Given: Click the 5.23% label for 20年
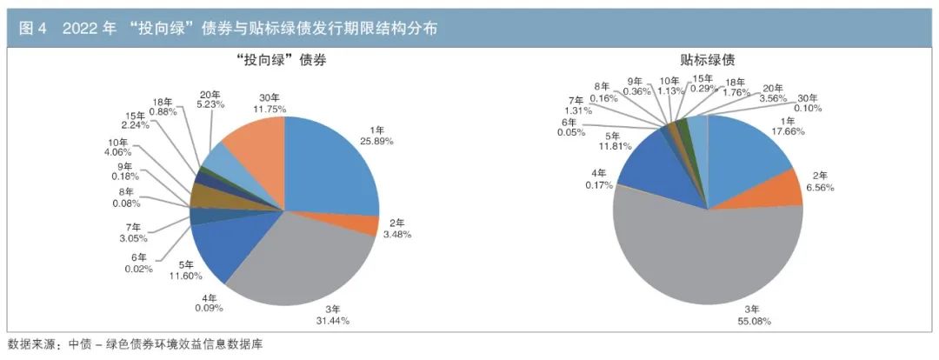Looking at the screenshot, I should point(210,103).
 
